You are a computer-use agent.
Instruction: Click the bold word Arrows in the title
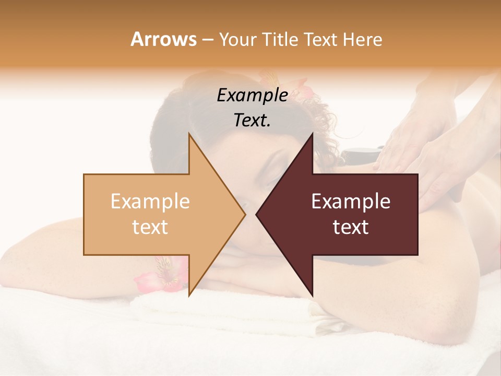tap(164, 39)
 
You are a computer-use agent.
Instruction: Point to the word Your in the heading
tap(238, 39)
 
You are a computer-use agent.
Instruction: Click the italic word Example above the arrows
tap(252, 96)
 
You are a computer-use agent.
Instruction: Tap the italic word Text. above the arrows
tap(252, 120)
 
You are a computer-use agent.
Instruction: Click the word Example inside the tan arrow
tap(150, 202)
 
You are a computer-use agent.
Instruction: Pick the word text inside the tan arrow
tap(150, 227)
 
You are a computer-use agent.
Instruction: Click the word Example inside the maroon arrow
tap(351, 202)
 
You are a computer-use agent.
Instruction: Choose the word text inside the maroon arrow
tap(351, 227)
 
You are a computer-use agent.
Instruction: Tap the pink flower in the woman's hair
tap(303, 88)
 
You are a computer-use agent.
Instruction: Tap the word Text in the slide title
tap(321, 39)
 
